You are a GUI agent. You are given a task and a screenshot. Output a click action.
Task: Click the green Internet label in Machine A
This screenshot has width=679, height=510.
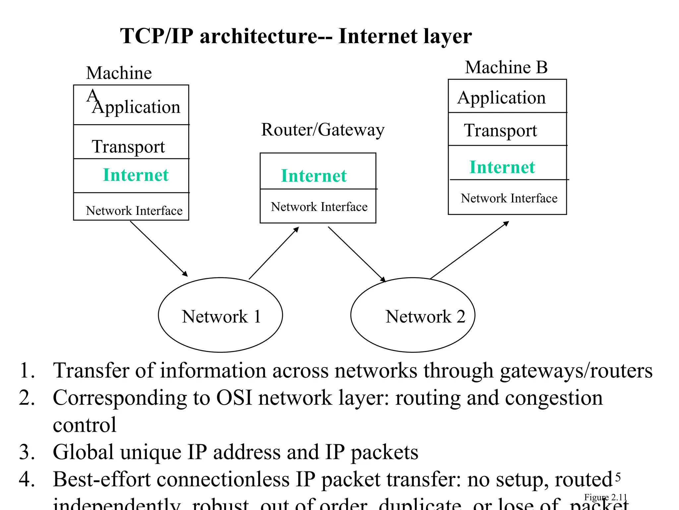136,175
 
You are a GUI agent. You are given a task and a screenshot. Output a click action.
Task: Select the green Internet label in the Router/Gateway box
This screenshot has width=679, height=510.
314,176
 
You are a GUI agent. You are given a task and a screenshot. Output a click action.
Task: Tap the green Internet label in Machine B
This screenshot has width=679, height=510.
502,167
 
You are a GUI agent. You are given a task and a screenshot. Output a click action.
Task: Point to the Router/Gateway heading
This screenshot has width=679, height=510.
323,129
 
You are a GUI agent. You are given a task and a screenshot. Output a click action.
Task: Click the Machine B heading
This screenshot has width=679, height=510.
506,67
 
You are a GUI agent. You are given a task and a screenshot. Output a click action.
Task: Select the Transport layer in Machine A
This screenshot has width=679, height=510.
128,146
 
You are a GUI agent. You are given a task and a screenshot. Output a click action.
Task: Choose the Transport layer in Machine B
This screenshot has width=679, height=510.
500,130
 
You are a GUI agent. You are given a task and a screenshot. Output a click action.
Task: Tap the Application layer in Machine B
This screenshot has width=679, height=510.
501,98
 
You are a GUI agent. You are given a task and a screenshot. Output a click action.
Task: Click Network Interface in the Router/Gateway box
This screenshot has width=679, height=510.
319,207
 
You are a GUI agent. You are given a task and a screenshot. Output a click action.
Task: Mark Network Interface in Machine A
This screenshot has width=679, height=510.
134,211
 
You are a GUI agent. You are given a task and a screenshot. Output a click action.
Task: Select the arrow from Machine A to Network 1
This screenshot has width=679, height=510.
159,249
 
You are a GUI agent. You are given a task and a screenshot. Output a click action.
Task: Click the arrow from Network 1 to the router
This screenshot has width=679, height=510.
274,253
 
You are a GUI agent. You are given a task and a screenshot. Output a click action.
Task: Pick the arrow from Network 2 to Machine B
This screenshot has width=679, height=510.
469,250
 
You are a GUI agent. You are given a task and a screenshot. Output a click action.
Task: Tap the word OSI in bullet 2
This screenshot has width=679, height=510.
234,397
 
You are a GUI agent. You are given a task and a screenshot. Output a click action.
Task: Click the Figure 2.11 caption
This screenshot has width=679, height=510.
605,497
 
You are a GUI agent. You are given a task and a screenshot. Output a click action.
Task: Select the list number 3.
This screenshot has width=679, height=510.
27,452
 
